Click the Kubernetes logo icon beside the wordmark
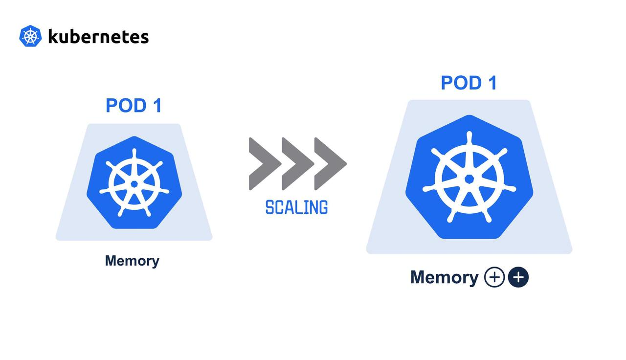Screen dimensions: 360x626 pyautogui.click(x=30, y=36)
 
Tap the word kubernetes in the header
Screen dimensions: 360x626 pyautogui.click(x=98, y=37)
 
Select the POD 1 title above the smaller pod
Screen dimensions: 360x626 pyautogui.click(x=134, y=106)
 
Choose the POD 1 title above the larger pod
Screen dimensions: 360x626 pyautogui.click(x=469, y=83)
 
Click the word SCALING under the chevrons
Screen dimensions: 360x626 pyautogui.click(x=296, y=207)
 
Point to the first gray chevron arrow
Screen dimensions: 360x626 pyautogui.click(x=264, y=164)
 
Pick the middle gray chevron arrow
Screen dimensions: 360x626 pyautogui.click(x=296, y=164)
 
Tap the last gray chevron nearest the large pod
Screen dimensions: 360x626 pyautogui.click(x=329, y=164)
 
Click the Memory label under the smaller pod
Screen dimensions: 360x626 pyautogui.click(x=132, y=261)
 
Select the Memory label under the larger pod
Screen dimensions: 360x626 pyautogui.click(x=444, y=277)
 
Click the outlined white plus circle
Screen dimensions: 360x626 pyautogui.click(x=494, y=277)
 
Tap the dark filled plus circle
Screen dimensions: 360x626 pyautogui.click(x=518, y=277)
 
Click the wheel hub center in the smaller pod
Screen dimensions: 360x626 pyautogui.click(x=134, y=184)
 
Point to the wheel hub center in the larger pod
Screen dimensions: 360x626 pyautogui.click(x=469, y=179)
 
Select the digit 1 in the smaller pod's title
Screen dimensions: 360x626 pyautogui.click(x=156, y=106)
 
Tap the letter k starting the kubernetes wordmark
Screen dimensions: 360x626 pyautogui.click(x=52, y=36)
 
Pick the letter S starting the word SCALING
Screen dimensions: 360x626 pyautogui.click(x=269, y=207)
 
